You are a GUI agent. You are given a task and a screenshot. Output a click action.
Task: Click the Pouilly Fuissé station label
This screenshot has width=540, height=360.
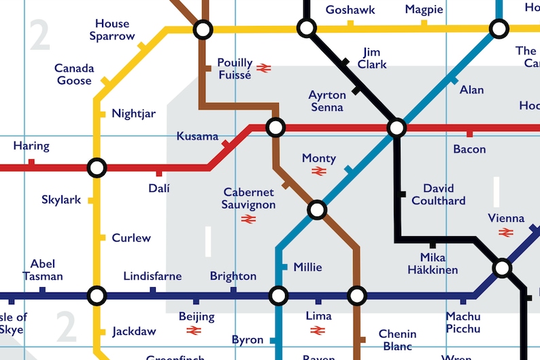[x=235, y=69]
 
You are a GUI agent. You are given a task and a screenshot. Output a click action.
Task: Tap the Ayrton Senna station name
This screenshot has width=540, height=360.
[x=327, y=101]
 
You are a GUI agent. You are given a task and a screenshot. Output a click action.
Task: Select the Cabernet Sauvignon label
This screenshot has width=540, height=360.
[x=250, y=199]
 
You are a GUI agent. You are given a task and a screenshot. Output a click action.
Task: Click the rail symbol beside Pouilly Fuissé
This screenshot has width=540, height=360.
[x=264, y=68]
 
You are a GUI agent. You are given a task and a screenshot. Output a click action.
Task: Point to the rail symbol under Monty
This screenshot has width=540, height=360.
[x=319, y=171]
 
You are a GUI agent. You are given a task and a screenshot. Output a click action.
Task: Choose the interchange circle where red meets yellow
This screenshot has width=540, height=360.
[x=97, y=167]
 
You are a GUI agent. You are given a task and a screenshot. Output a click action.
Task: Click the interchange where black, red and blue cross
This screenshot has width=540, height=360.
[x=396, y=127]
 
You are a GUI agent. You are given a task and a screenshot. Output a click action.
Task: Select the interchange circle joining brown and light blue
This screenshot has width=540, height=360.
[x=317, y=210]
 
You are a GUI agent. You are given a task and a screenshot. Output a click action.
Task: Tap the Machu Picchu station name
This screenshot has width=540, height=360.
[x=463, y=323]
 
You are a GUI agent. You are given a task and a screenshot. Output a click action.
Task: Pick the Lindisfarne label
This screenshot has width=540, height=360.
[x=152, y=276]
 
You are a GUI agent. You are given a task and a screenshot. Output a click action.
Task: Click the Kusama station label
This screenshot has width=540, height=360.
[x=197, y=136]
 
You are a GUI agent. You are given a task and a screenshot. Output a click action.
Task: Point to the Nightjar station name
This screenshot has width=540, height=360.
[x=133, y=114]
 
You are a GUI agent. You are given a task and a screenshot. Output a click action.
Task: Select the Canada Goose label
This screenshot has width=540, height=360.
[x=74, y=75]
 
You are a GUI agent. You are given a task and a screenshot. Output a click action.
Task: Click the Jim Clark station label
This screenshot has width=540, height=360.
[x=372, y=58]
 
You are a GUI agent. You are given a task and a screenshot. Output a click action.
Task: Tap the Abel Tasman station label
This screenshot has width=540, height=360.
[x=42, y=270]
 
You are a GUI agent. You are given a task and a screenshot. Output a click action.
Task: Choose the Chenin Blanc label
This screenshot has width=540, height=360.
[x=398, y=340]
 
